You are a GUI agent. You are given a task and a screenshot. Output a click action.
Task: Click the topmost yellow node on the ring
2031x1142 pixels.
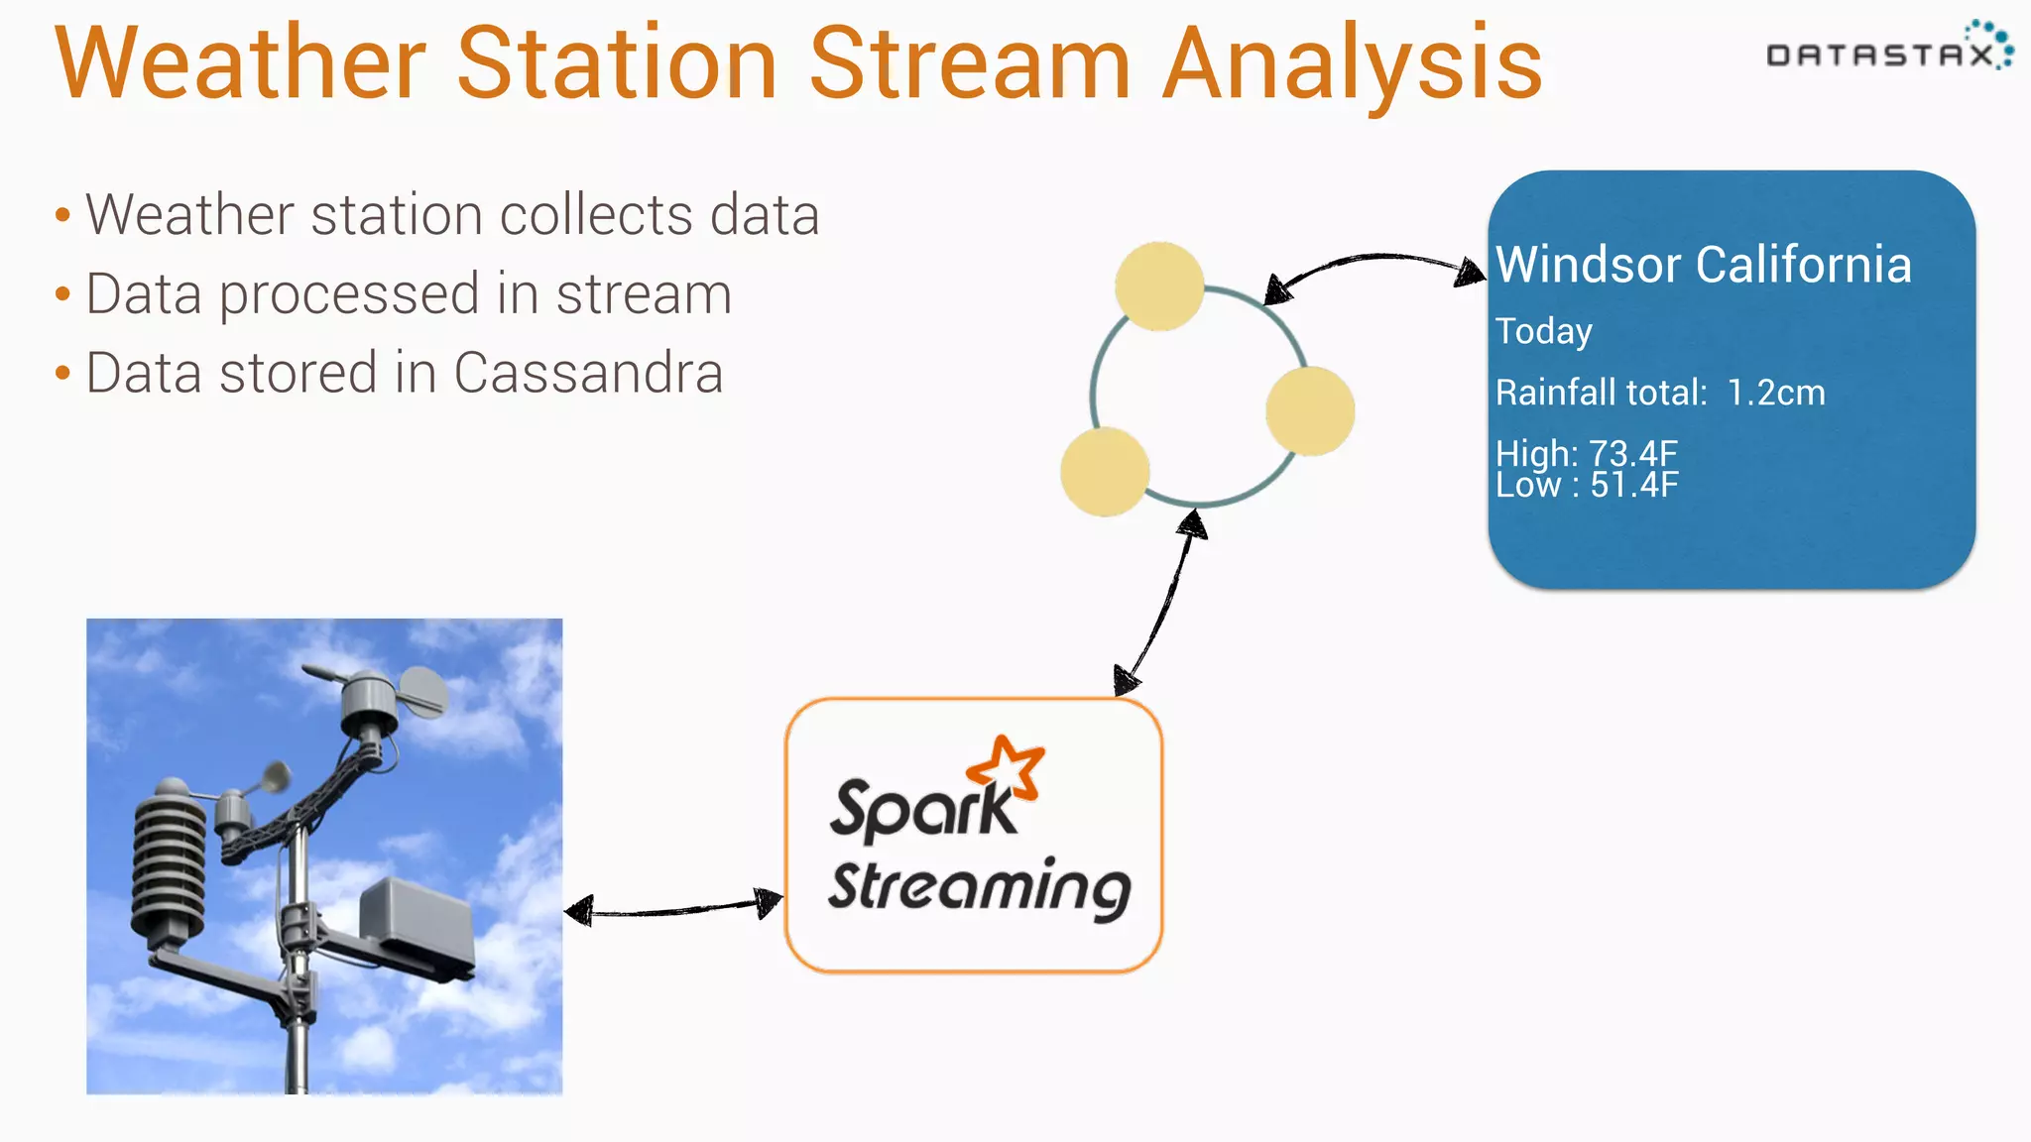coord(1159,286)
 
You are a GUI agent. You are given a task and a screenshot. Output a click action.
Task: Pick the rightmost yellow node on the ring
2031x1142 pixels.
coord(1310,410)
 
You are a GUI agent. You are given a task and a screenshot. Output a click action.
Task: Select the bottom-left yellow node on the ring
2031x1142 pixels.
coord(1105,472)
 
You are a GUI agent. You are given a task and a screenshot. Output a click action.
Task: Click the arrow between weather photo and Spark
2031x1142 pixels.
coord(673,908)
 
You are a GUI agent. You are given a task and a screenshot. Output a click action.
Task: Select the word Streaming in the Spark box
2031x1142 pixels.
coord(979,887)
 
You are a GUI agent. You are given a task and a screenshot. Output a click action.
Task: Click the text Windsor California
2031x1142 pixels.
coord(1703,266)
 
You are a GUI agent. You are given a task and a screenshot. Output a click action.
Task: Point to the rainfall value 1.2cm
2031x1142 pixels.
coord(1775,393)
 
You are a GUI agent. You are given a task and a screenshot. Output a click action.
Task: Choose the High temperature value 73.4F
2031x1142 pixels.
coord(1632,453)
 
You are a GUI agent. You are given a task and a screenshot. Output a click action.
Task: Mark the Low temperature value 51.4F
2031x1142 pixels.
coord(1634,486)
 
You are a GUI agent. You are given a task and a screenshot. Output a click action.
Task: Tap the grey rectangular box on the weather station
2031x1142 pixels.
coord(417,922)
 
